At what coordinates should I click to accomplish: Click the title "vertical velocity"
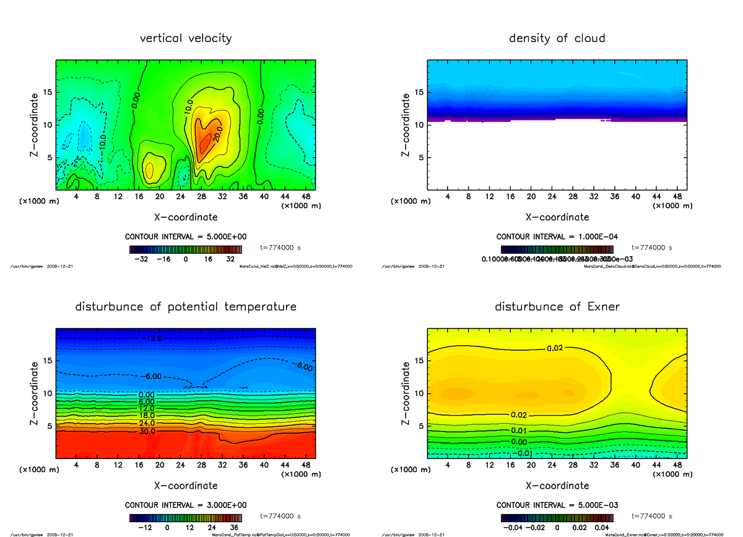click(186, 38)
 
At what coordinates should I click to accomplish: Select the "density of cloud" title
click(557, 38)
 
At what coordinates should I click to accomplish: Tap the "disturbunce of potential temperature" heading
click(186, 307)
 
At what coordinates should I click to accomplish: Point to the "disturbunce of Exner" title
click(557, 307)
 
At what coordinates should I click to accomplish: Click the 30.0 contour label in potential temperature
click(148, 431)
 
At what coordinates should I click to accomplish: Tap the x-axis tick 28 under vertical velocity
click(201, 197)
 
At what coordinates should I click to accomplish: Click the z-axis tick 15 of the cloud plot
click(418, 93)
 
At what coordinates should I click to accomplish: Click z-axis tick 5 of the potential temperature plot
click(47, 426)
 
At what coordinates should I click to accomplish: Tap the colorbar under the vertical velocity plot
click(186, 249)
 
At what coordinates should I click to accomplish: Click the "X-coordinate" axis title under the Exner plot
click(557, 486)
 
